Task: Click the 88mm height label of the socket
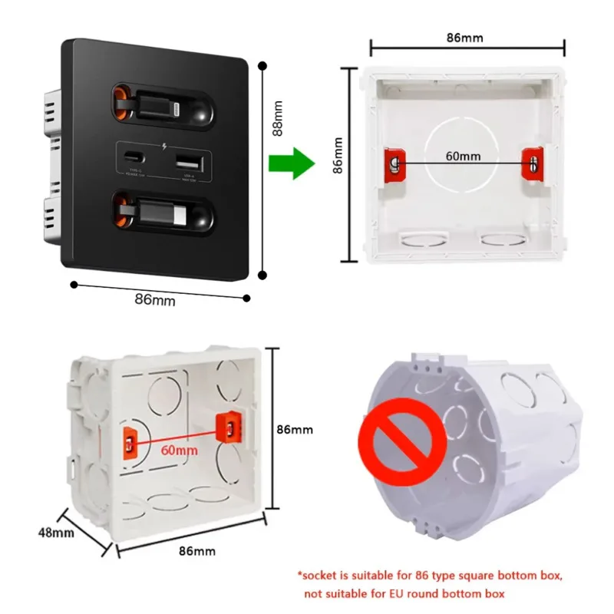(x=279, y=121)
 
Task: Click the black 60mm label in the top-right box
(x=464, y=156)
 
